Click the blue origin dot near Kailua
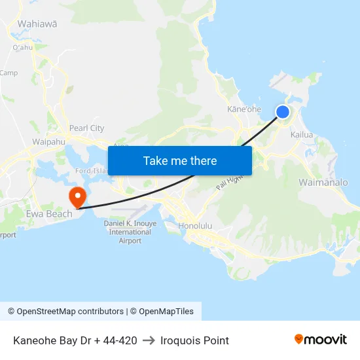[x=283, y=112]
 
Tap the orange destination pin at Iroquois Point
[x=77, y=196]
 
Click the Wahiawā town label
[x=37, y=24]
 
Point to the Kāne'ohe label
[x=244, y=109]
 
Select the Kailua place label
[x=302, y=135]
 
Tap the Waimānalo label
[x=323, y=182]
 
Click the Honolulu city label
[x=195, y=226]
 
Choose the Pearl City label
[x=86, y=128]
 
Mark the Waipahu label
[x=48, y=141]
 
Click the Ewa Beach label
[x=49, y=214]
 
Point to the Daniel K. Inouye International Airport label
[x=130, y=232]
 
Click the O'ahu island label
[x=22, y=47]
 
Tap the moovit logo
[x=321, y=340]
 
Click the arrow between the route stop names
[x=149, y=340]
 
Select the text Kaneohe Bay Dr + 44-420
[x=75, y=340]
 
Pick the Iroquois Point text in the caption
[x=194, y=340]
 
